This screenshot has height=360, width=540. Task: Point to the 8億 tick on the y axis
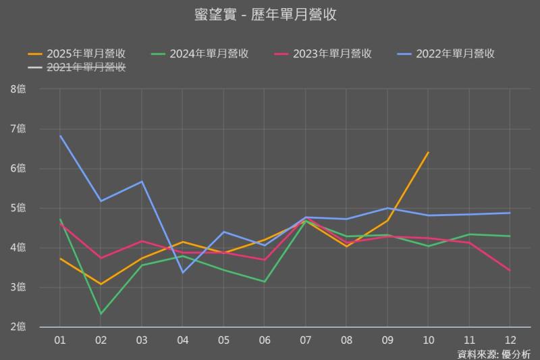tap(18, 89)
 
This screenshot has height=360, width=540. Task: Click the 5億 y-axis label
tap(18, 208)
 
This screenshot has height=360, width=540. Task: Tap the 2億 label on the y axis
tap(18, 328)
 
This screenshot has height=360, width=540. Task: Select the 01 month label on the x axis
tap(59, 339)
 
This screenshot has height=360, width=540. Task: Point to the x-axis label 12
tap(510, 339)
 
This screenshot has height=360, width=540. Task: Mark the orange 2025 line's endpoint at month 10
tap(428, 153)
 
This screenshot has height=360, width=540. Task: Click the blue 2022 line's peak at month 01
tap(60, 136)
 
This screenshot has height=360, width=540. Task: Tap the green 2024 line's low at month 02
tap(101, 314)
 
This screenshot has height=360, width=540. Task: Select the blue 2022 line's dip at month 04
tap(183, 272)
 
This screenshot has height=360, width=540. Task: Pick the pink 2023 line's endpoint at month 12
tap(510, 270)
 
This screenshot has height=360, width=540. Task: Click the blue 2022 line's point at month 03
tap(142, 182)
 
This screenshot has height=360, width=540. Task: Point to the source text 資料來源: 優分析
tap(493, 353)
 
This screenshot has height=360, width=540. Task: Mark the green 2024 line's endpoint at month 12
tap(510, 236)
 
